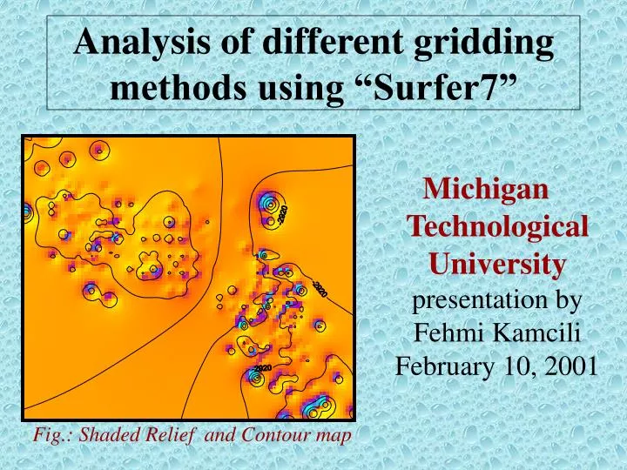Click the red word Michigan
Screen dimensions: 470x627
click(x=485, y=187)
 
